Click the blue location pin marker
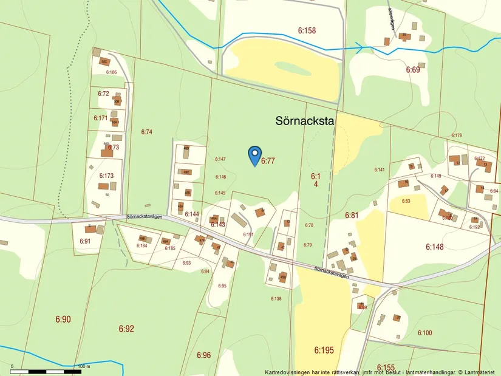click(255, 155)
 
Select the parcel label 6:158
click(307, 30)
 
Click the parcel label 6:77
click(268, 162)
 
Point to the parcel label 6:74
click(146, 132)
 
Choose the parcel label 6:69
click(413, 70)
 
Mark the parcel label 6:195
click(324, 350)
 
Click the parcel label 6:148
click(435, 247)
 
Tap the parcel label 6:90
click(63, 319)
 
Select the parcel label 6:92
click(126, 329)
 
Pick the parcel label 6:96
click(203, 355)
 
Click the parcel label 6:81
click(352, 215)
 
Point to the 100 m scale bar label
click(84, 366)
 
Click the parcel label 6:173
click(106, 176)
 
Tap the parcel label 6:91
click(85, 241)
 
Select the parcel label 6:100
click(424, 332)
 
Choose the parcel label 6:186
click(111, 72)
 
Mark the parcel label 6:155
click(386, 367)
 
